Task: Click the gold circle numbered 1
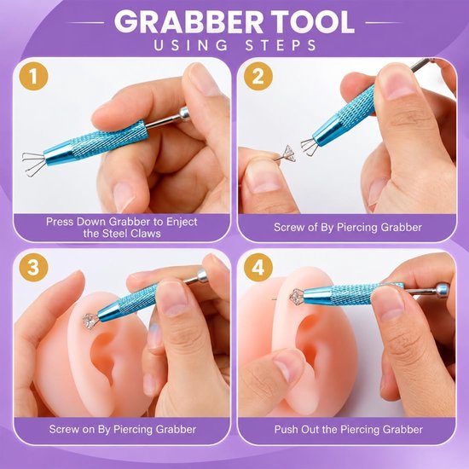[x=33, y=76]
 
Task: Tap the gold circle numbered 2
[x=258, y=76]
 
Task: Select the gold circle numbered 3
[x=33, y=267]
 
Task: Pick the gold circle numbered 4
[x=258, y=267]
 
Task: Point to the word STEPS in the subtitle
[x=281, y=45]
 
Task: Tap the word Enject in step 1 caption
[x=182, y=222]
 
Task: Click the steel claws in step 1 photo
[x=33, y=164]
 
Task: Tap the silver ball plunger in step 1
[x=184, y=113]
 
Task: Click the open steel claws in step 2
[x=310, y=148]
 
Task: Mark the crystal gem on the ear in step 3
[x=90, y=321]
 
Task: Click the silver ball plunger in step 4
[x=442, y=291]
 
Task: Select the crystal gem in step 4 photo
[x=297, y=296]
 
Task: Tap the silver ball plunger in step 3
[x=202, y=276]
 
